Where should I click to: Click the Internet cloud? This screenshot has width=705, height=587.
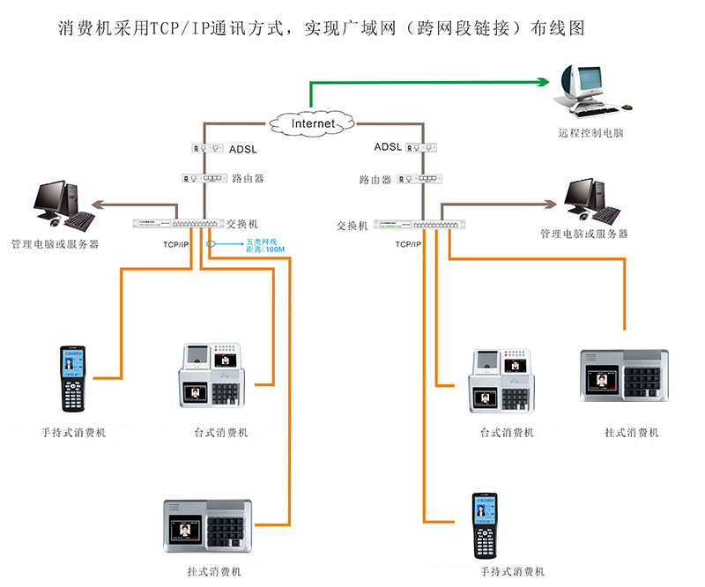(314, 123)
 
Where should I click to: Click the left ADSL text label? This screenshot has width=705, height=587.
(242, 149)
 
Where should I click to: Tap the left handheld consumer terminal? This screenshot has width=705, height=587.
(74, 379)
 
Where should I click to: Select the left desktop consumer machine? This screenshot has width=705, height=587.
(220, 375)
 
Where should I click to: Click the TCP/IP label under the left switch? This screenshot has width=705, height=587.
(175, 243)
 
